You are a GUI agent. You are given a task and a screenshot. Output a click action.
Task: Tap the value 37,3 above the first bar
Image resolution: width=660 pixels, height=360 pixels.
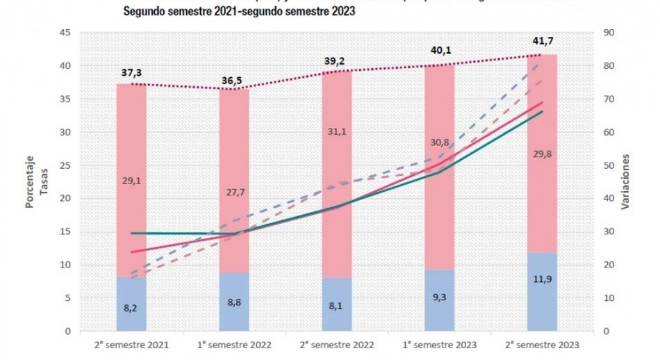(131, 73)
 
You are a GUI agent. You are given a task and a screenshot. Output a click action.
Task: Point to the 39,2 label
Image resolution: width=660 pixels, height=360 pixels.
(337, 60)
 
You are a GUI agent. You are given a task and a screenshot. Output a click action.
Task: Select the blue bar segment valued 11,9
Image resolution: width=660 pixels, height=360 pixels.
(542, 292)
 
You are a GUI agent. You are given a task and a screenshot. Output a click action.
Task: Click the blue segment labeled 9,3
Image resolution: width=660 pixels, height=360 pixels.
(439, 300)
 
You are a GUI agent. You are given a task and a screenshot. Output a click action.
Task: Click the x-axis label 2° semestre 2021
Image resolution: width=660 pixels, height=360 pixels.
(131, 345)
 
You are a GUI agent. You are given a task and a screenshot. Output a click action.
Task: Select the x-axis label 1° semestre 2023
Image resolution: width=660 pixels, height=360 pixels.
(439, 345)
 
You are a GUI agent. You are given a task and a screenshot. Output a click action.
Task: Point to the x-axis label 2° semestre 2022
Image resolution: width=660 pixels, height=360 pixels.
(337, 345)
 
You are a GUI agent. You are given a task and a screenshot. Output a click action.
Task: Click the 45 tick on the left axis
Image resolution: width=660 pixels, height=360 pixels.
(63, 33)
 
